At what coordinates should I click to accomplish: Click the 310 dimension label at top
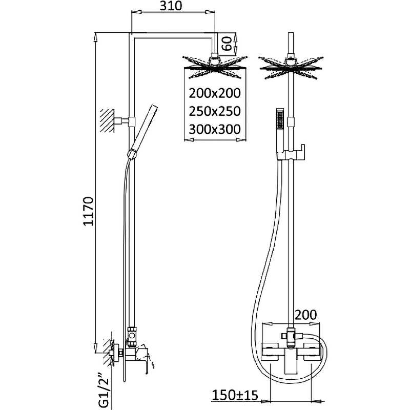tap(173, 7)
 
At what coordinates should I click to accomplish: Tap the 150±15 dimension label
tap(248, 395)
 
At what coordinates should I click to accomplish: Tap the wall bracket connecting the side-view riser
tap(125, 121)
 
